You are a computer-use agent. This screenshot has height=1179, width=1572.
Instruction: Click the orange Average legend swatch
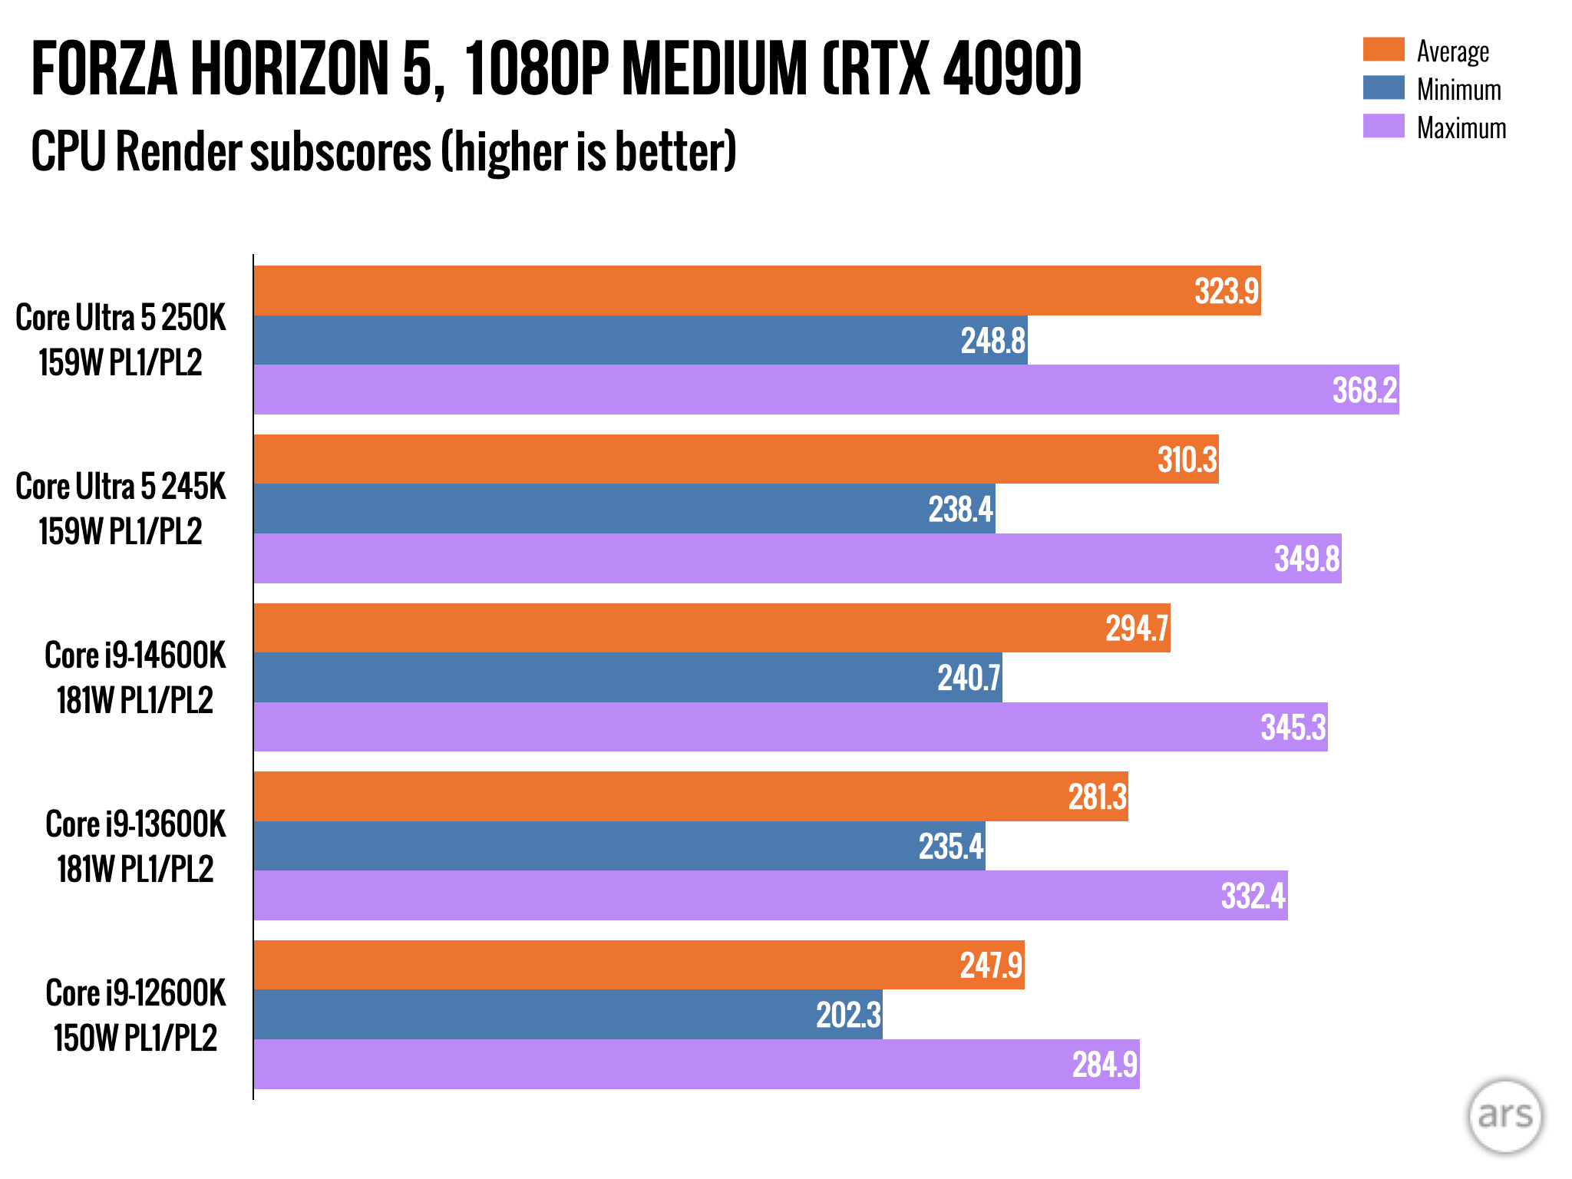pyautogui.click(x=1383, y=49)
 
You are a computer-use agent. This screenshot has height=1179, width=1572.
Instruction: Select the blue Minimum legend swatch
pyautogui.click(x=1383, y=88)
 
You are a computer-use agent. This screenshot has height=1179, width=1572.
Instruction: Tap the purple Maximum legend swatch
pyautogui.click(x=1383, y=126)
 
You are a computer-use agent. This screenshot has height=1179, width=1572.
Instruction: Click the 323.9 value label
pyautogui.click(x=1226, y=291)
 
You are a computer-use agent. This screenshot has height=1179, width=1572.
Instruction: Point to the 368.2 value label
pyautogui.click(x=1364, y=390)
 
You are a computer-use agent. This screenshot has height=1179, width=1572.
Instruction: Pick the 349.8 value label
pyautogui.click(x=1306, y=558)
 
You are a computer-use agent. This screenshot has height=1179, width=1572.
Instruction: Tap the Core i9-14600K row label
pyautogui.click(x=135, y=677)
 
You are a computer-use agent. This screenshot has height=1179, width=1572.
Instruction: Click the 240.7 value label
pyautogui.click(x=969, y=678)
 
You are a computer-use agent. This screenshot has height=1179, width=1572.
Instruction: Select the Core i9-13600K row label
pyautogui.click(x=135, y=846)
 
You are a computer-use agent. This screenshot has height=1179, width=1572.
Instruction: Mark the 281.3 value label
pyautogui.click(x=1097, y=797)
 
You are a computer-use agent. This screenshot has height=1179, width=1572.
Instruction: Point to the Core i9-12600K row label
pyautogui.click(x=135, y=1015)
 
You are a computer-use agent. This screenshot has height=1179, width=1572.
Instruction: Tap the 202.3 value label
pyautogui.click(x=848, y=1015)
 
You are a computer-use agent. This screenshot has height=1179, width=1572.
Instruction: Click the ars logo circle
pyautogui.click(x=1504, y=1115)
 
